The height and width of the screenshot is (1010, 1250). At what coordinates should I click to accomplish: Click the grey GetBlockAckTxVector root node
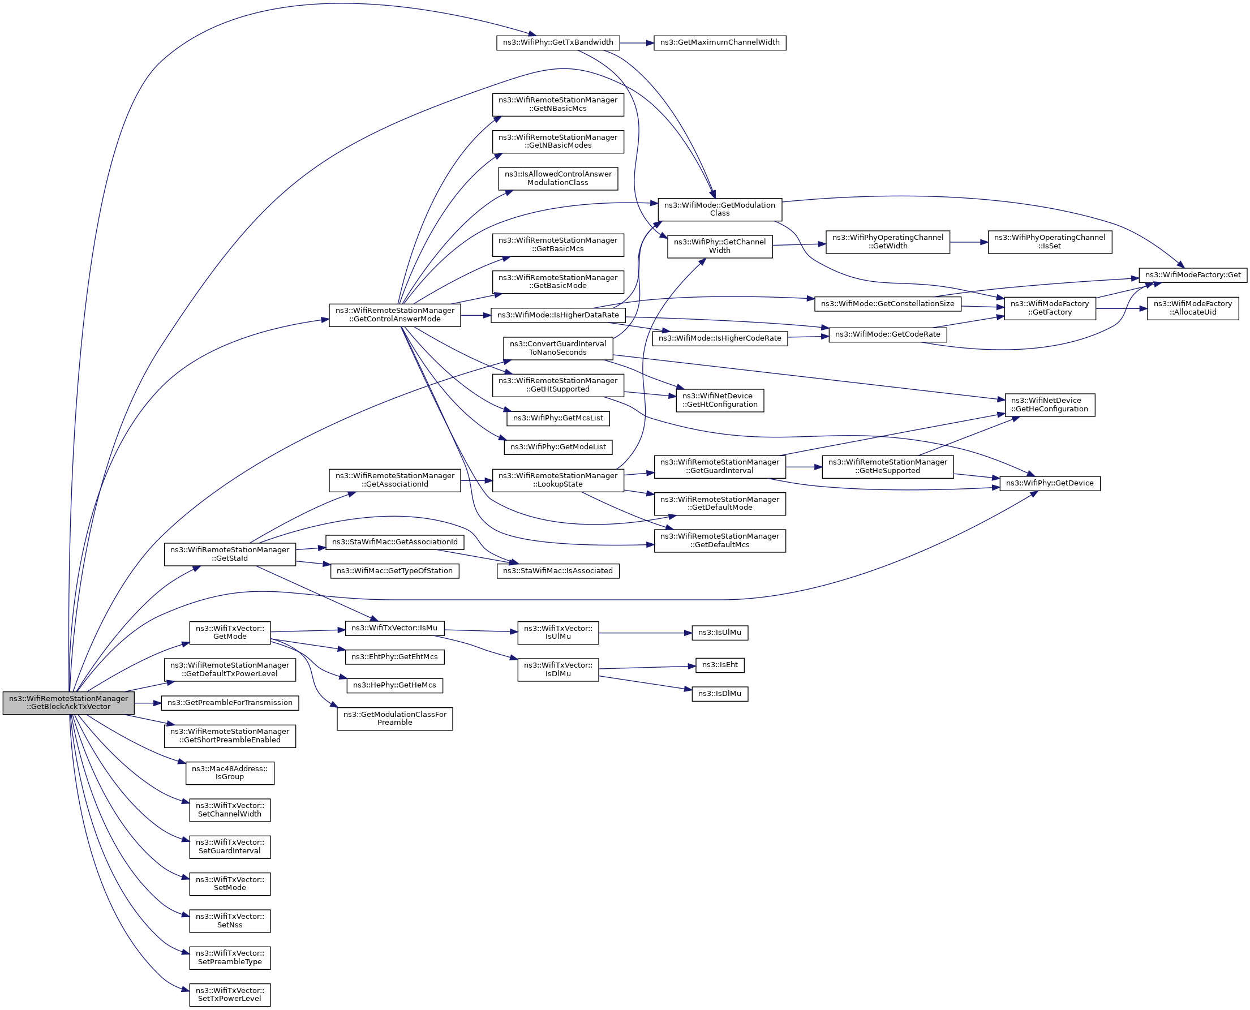click(68, 702)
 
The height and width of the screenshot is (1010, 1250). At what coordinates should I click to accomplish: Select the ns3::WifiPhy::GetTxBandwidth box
click(557, 42)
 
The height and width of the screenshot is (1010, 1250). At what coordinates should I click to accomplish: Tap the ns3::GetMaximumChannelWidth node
click(719, 42)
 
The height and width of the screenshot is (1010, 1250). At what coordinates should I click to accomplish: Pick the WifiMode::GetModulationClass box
click(719, 209)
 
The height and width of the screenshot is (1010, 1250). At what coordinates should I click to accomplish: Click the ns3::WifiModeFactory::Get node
click(1192, 274)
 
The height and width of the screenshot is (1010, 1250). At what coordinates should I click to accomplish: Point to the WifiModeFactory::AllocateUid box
click(1192, 308)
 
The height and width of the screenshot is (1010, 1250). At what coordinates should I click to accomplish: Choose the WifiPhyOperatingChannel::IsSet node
click(1049, 242)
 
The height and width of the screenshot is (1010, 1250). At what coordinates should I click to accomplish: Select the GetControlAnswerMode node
click(394, 315)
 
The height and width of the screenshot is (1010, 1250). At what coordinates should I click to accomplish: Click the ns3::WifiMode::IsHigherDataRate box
click(557, 315)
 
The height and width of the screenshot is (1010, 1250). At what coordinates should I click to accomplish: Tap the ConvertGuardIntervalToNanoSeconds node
click(557, 348)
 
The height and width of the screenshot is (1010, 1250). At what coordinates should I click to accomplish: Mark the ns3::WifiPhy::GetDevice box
click(1049, 483)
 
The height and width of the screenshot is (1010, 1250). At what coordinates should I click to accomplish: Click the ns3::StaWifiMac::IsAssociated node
click(557, 571)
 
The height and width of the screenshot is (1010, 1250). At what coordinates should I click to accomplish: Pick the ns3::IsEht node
click(719, 665)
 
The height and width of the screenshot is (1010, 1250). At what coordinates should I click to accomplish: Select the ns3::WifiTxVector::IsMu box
click(394, 628)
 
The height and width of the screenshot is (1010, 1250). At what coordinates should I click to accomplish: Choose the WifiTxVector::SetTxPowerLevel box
click(229, 994)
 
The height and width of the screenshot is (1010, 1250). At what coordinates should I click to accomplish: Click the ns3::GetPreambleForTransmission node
click(229, 703)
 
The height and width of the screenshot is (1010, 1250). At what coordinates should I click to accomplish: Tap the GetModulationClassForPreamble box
click(394, 719)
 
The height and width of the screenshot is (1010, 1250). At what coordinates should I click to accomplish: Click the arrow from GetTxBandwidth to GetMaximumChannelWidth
click(637, 42)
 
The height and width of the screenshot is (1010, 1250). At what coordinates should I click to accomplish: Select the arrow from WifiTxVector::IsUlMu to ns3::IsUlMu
click(645, 633)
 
